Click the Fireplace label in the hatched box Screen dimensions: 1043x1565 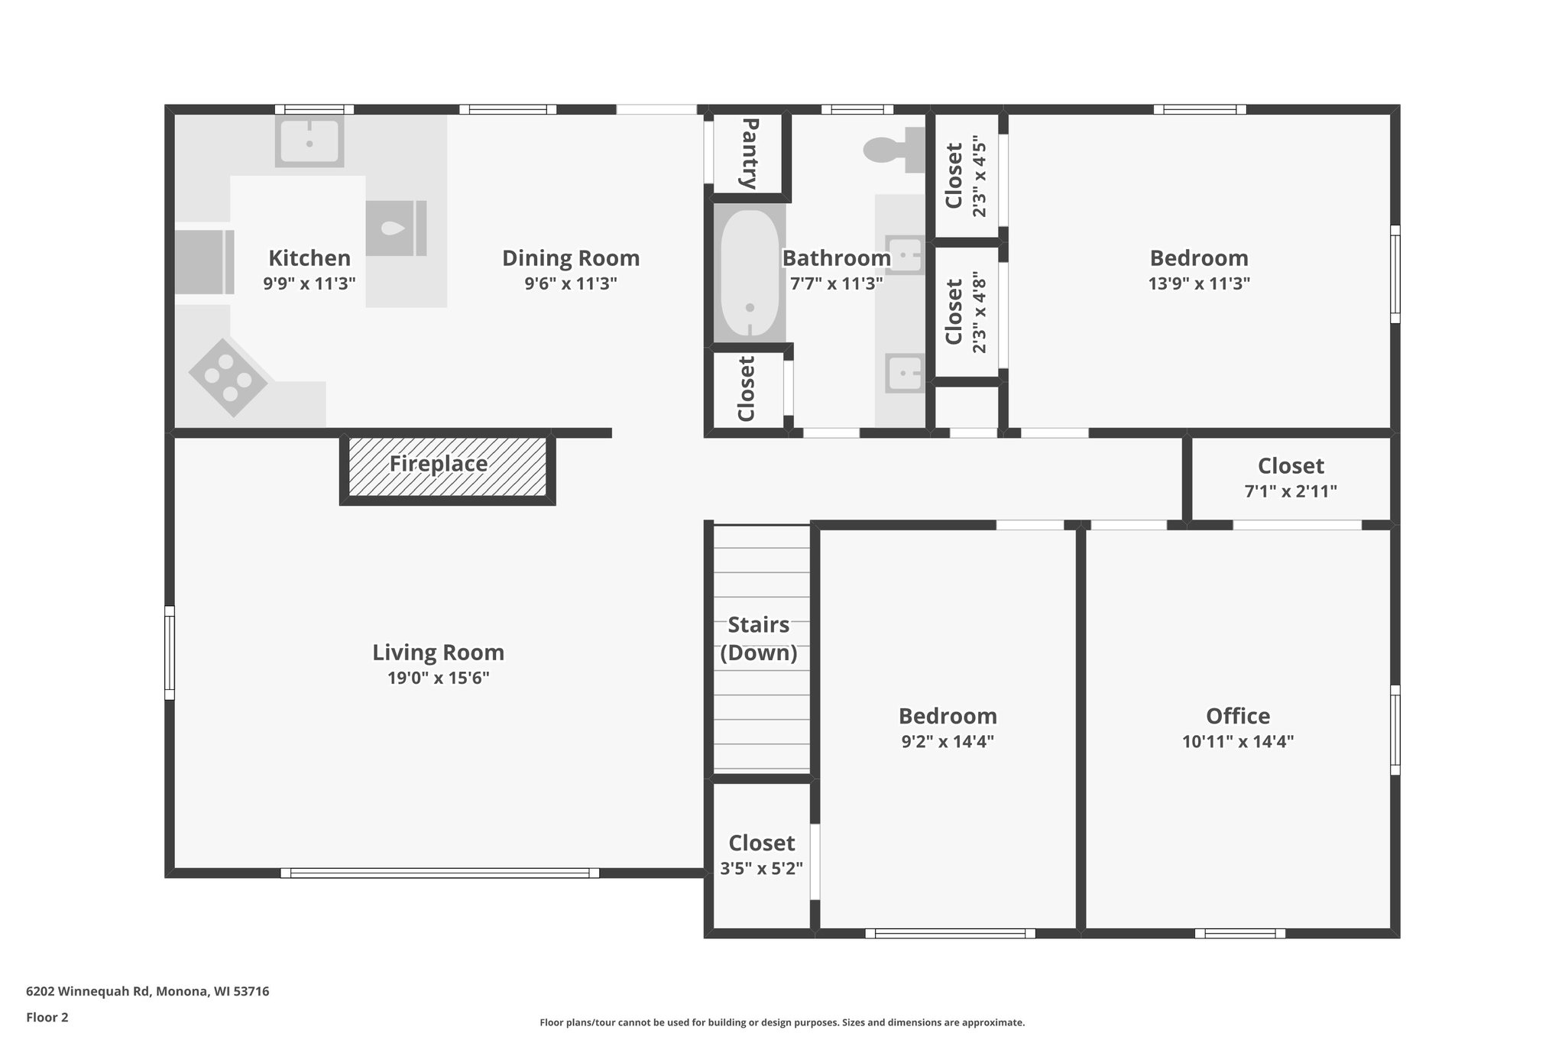point(438,464)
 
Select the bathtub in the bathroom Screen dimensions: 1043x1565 point(749,274)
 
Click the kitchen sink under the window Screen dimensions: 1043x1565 point(309,142)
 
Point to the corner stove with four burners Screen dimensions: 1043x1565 point(228,377)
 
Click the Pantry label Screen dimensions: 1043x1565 point(749,154)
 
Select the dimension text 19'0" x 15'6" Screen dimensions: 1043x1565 point(438,678)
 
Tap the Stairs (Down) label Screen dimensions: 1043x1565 point(758,638)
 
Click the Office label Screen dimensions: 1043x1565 point(1237,716)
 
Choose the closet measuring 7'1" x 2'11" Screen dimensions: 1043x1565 point(1291,478)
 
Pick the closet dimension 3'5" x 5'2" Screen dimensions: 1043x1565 point(761,868)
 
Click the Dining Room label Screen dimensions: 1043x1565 point(570,258)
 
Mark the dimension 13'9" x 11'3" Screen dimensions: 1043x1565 point(1198,283)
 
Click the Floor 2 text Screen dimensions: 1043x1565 point(47,1017)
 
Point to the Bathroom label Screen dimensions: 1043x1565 point(836,258)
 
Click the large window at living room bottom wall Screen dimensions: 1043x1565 point(439,873)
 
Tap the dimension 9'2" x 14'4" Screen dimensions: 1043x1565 point(947,741)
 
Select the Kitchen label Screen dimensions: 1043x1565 point(309,258)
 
